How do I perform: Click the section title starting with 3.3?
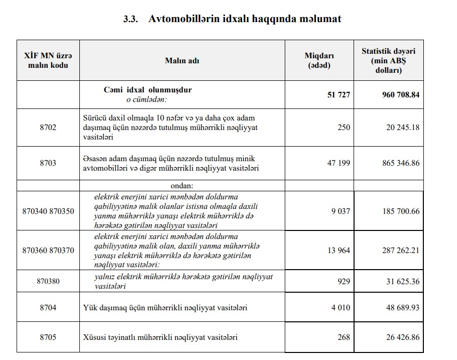point(232,19)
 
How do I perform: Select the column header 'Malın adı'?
point(182,60)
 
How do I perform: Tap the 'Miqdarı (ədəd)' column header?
point(319,60)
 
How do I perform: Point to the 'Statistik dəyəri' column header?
point(388,61)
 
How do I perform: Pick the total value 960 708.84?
point(400,95)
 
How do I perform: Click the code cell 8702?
point(48,127)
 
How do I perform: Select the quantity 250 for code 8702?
point(344,127)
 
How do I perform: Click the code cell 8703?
point(48,163)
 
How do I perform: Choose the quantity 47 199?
point(338,163)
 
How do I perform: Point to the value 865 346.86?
point(400,163)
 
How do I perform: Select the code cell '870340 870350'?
point(48,211)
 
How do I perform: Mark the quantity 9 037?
point(340,211)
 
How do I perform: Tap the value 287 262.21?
point(400,250)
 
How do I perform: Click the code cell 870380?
point(48,281)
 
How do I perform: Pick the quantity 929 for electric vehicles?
point(344,281)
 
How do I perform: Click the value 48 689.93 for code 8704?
point(402,307)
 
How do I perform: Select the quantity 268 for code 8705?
point(344,337)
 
